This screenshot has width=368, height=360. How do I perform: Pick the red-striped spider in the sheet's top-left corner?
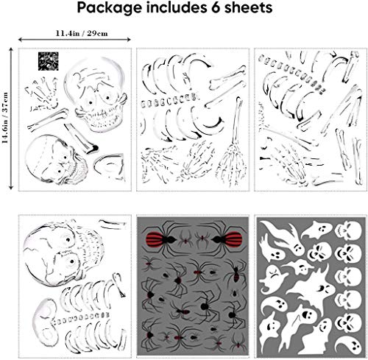(x=155, y=236)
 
